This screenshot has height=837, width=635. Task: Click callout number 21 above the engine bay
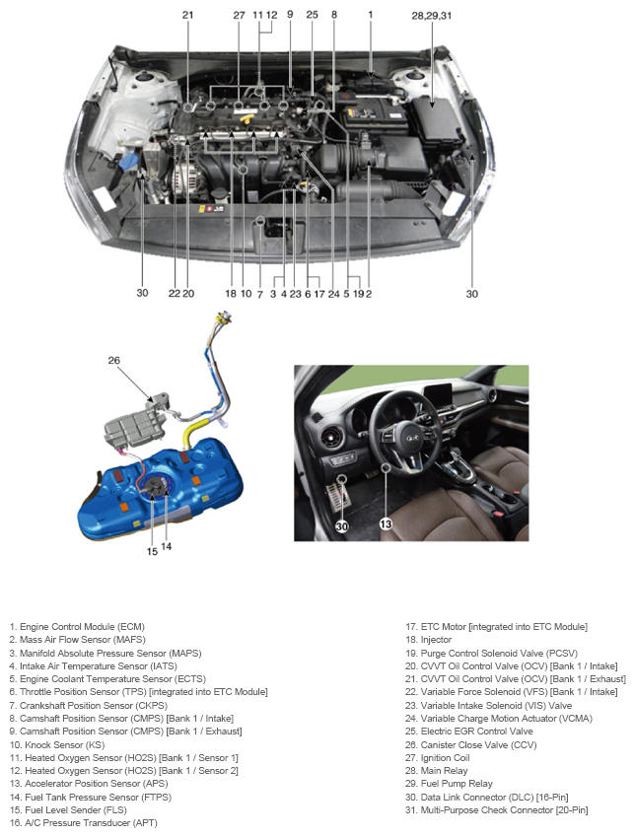coord(187,15)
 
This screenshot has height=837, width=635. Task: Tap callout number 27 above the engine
coord(239,15)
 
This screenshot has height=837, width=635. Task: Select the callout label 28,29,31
coord(432,16)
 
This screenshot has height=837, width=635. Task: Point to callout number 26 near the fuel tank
coord(113,360)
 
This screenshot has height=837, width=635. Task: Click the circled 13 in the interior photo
coord(386,524)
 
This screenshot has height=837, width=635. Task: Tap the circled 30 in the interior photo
coord(342,526)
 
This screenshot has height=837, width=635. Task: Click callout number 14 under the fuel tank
coord(166,546)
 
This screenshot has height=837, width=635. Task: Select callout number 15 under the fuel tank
coord(152,551)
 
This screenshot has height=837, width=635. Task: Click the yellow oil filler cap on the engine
coord(247,117)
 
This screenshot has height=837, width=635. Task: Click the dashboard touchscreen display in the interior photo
coord(438,396)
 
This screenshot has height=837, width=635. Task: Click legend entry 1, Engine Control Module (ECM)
coord(77,627)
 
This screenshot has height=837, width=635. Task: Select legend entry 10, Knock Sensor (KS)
coord(57,744)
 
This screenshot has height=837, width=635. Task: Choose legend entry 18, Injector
coord(428,640)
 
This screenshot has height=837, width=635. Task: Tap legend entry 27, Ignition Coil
coord(438,757)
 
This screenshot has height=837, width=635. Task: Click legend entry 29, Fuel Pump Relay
coord(449,783)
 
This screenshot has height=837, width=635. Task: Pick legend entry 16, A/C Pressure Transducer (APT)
coord(83,822)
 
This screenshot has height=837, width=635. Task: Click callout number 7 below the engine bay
coord(260,294)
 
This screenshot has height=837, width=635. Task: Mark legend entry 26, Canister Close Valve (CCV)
coord(470,744)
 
